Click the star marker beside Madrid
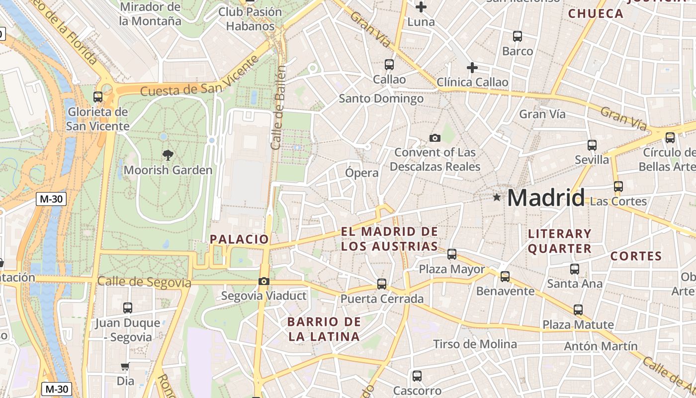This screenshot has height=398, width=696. pyautogui.click(x=497, y=198)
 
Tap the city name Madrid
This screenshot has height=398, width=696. pyautogui.click(x=546, y=198)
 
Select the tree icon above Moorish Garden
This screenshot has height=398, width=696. pyautogui.click(x=168, y=155)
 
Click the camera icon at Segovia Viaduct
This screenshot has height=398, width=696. pyautogui.click(x=264, y=282)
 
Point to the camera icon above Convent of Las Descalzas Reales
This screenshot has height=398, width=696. pyautogui.click(x=435, y=138)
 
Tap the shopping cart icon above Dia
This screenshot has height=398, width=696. pyautogui.click(x=125, y=367)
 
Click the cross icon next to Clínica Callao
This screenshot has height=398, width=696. pyautogui.click(x=472, y=67)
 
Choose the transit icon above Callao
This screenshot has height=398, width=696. pyautogui.click(x=389, y=65)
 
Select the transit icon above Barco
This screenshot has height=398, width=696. pyautogui.click(x=518, y=36)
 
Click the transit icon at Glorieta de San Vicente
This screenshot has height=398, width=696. pyautogui.click(x=98, y=97)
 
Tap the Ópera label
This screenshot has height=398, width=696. pyautogui.click(x=362, y=173)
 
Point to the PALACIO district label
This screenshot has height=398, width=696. pyautogui.click(x=239, y=239)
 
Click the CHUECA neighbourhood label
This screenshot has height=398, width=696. pyautogui.click(x=596, y=14)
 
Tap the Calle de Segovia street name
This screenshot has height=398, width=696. pyautogui.click(x=144, y=282)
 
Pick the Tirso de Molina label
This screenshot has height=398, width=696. pyautogui.click(x=475, y=344)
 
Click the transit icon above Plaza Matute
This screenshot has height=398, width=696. pyautogui.click(x=578, y=310)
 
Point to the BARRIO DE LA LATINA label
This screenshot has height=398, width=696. pyautogui.click(x=324, y=329)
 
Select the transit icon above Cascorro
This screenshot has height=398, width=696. pyautogui.click(x=417, y=376)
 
